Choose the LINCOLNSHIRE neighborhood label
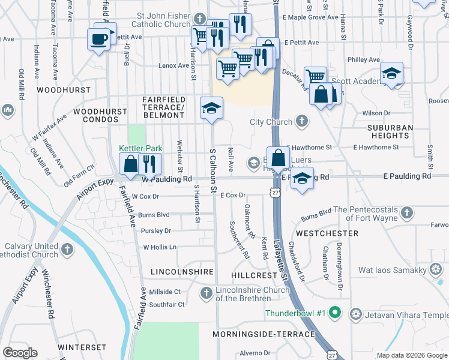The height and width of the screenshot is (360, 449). [182, 272]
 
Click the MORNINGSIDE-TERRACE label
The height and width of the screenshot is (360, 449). [264, 334]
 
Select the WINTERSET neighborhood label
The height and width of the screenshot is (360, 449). [82, 347]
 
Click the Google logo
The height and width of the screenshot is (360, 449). [20, 353]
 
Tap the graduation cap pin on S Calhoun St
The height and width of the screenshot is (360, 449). [211, 108]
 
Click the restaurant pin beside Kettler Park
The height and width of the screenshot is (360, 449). [149, 163]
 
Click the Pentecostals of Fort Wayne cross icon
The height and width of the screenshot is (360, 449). [407, 212]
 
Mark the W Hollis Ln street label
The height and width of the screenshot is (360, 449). [160, 247]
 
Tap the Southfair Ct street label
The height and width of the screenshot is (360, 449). [167, 304]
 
